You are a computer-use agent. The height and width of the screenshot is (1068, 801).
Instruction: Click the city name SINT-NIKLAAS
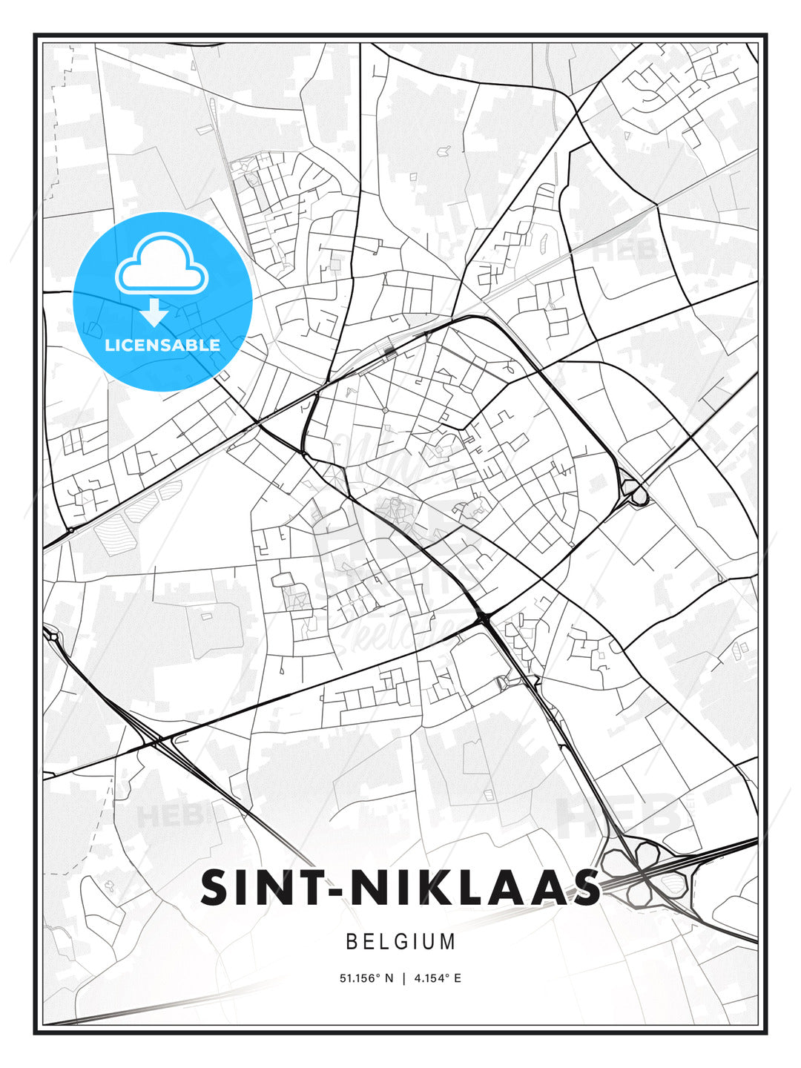coord(400,888)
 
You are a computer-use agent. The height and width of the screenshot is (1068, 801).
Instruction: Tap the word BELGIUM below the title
coord(400,942)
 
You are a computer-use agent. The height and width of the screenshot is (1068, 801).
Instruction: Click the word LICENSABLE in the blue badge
coord(162,345)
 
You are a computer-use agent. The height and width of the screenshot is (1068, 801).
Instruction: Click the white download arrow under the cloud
coord(154,312)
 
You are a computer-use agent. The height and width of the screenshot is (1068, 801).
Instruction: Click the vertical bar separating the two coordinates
coord(403,978)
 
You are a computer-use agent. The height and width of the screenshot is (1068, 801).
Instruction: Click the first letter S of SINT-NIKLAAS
coord(216,888)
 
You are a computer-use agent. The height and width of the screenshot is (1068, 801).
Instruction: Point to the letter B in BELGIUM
coord(352,942)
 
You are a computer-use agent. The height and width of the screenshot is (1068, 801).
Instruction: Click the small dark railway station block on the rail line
coord(389,349)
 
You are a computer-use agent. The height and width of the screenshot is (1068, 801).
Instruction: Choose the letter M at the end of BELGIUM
coord(448,942)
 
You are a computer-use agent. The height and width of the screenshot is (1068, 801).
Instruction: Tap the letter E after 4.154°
coord(458,978)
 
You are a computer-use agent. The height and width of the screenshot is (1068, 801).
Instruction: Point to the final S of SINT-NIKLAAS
coord(584,888)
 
